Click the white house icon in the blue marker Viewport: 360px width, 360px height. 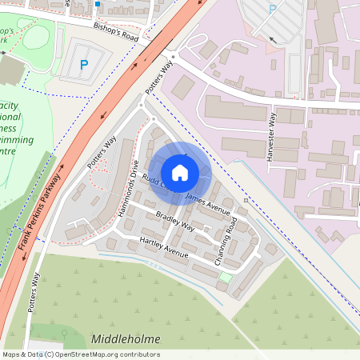(180, 172)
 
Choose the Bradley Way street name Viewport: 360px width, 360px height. (175, 222)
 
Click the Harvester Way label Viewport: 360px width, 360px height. (270, 136)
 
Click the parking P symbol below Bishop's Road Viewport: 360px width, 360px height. (84, 65)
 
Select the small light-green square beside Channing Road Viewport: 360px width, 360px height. (226, 278)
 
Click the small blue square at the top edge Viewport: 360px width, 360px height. (98, 4)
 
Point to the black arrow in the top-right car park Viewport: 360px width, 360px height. (273, 38)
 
